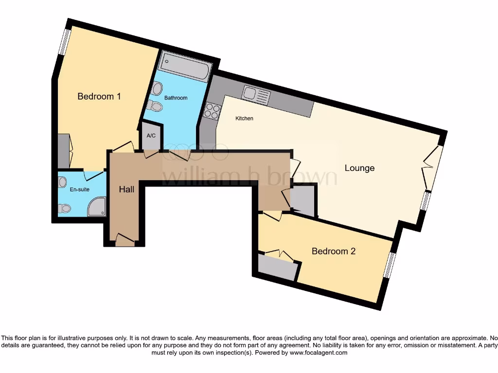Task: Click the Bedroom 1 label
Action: (99, 96)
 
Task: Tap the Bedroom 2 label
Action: (333, 251)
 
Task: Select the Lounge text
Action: (359, 168)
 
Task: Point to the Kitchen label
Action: (244, 119)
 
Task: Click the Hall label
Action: (126, 189)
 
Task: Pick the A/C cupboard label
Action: (151, 135)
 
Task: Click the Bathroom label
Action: (176, 98)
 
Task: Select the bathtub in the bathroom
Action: (185, 67)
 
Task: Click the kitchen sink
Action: (256, 95)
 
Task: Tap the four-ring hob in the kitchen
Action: (213, 111)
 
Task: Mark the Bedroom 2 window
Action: (389, 265)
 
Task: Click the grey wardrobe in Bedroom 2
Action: (277, 268)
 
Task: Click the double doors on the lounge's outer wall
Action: (433, 168)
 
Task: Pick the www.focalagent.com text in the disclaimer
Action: (318, 353)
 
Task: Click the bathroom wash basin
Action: (157, 88)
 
